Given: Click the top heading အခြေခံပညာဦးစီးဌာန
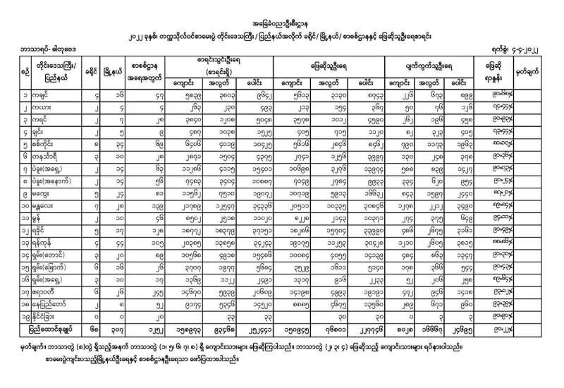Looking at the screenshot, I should (281, 23).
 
